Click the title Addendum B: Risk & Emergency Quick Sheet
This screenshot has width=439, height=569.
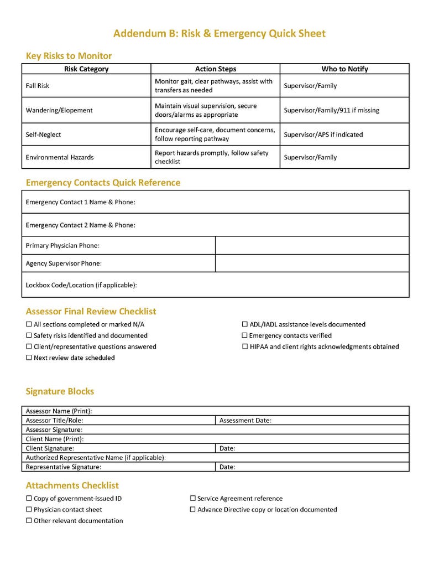pyautogui.click(x=219, y=34)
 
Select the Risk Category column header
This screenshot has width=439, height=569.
pyautogui.click(x=86, y=69)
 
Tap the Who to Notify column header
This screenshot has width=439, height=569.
pyautogui.click(x=344, y=69)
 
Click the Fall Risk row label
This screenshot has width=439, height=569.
pyautogui.click(x=38, y=86)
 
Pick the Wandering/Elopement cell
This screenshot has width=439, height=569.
pyautogui.click(x=59, y=110)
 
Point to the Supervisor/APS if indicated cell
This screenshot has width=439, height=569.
pyautogui.click(x=323, y=135)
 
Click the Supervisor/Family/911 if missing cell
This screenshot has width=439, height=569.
pyautogui.click(x=331, y=110)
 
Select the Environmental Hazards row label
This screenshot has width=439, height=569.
pyautogui.click(x=60, y=157)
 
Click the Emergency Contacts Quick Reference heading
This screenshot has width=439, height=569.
pyautogui.click(x=103, y=183)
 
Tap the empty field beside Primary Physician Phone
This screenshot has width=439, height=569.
pyautogui.click(x=312, y=245)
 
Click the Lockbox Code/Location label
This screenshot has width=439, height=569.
pyautogui.click(x=81, y=286)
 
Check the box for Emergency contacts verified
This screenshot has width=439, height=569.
pyautogui.click(x=245, y=336)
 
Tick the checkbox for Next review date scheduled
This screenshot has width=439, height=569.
pyautogui.click(x=29, y=358)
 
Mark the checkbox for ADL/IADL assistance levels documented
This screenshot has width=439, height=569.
pyautogui.click(x=245, y=325)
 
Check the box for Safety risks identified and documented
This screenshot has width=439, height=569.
pyautogui.click(x=29, y=336)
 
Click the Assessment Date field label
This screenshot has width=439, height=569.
pyautogui.click(x=245, y=421)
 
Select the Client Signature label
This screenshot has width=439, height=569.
pyautogui.click(x=50, y=448)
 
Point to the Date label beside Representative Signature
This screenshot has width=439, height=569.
pyautogui.click(x=227, y=467)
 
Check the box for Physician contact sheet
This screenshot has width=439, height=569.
pyautogui.click(x=29, y=510)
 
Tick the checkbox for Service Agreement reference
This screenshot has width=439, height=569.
pyautogui.click(x=193, y=499)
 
